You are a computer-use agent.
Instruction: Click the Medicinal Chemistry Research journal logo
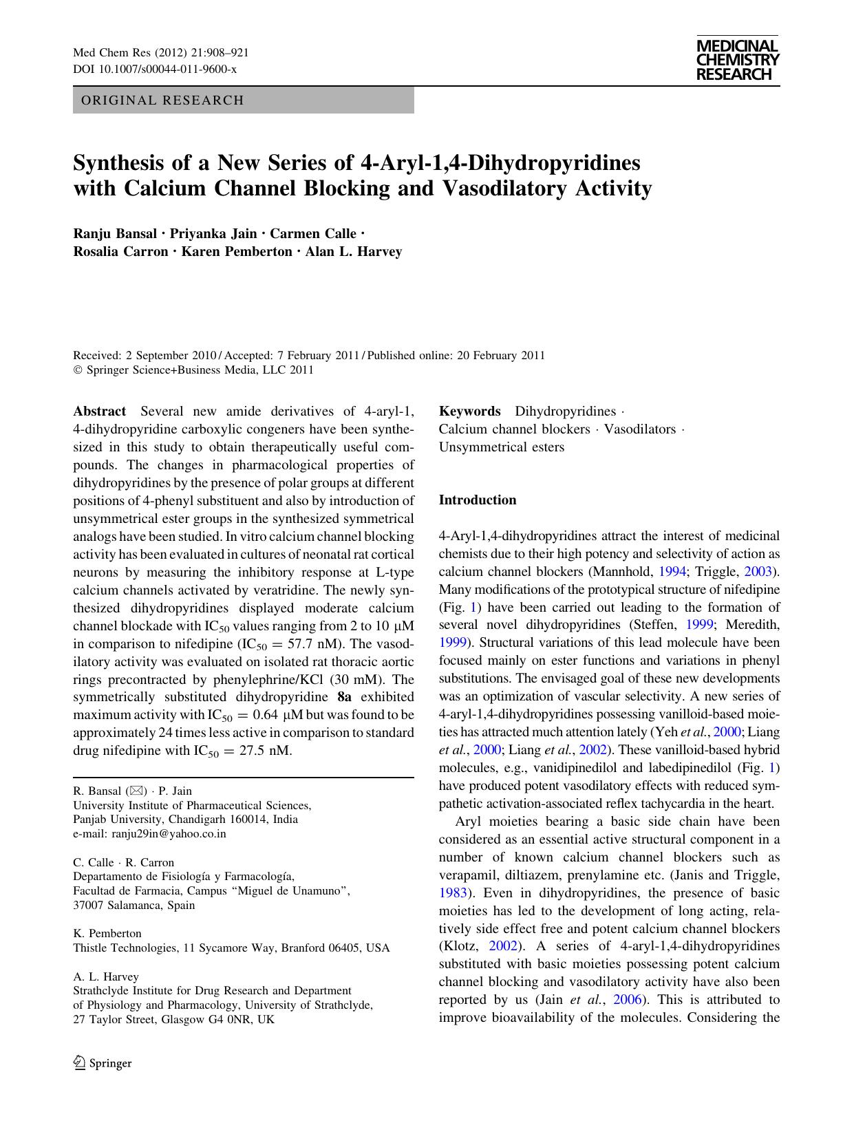[x=737, y=60]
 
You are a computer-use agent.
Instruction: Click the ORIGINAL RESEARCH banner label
[x=162, y=100]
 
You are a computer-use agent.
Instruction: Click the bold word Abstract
[x=100, y=411]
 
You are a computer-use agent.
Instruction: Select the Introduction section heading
[x=478, y=500]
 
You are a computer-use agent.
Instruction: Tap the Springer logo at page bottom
[x=103, y=1063]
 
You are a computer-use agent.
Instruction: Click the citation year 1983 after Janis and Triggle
[x=453, y=893]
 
